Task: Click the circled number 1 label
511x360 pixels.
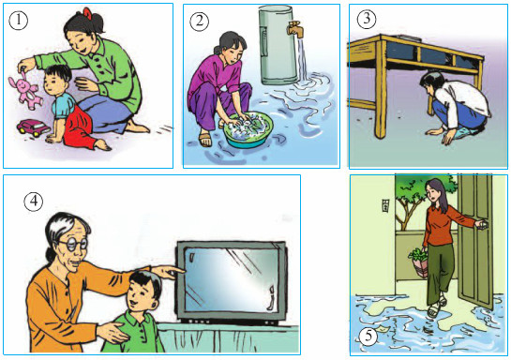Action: coord(18,21)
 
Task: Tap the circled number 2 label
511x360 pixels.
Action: coord(199,22)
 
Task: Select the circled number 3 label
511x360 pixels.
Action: coord(367,19)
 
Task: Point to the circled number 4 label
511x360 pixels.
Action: coord(34,202)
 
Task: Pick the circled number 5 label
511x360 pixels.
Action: coord(368,336)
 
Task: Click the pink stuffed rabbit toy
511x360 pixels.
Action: coord(24,90)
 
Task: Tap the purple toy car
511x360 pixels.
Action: coord(33,127)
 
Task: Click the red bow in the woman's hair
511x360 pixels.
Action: coord(88,12)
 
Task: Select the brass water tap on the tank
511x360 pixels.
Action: coord(295,28)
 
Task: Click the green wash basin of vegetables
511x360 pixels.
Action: coord(248,130)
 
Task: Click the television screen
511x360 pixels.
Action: coord(231,280)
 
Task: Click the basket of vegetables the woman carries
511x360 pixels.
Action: coord(418,262)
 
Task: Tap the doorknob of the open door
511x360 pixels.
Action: coord(483,224)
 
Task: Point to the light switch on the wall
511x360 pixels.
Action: coord(385,206)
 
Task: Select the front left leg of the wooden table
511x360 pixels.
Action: coord(380,90)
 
